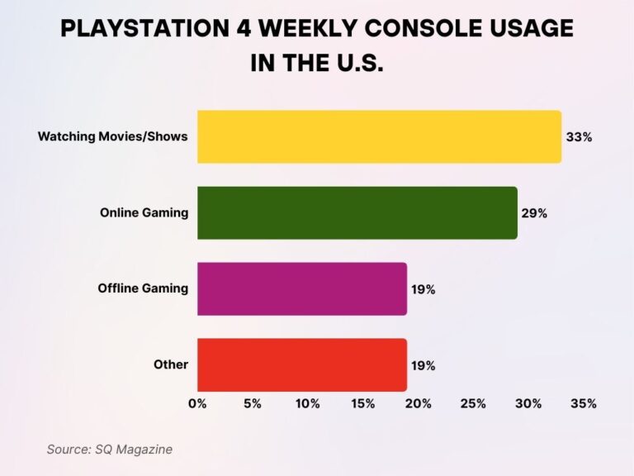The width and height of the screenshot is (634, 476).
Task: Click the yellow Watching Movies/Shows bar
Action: coord(379,136)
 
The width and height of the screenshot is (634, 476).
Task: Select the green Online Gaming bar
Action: coord(357,212)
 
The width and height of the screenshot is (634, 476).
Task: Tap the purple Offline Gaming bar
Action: coord(301,288)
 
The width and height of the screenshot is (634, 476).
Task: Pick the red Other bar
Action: coord(301,364)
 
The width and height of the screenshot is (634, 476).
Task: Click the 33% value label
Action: coord(579,137)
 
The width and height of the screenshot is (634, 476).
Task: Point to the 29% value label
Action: coord(534,213)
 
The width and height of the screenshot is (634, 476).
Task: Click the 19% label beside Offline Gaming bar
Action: coord(423,289)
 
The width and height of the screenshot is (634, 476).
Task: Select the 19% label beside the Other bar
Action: coord(423,365)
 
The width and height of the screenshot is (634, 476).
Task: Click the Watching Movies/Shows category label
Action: coord(113,136)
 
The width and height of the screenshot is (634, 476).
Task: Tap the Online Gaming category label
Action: coord(144,212)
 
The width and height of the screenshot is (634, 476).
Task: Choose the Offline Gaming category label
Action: coord(143,288)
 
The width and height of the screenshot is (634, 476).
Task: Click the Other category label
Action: coord(171,364)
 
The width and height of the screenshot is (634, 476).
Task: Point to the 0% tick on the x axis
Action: coord(197,404)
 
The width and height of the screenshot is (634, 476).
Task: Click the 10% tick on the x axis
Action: coord(308,404)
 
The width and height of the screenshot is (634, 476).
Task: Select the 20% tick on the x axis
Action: coord(418,404)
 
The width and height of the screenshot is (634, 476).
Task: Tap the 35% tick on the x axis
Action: coord(584,404)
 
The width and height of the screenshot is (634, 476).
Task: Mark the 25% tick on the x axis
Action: coord(473,404)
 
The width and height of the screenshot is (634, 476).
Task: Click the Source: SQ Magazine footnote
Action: coord(109,449)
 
